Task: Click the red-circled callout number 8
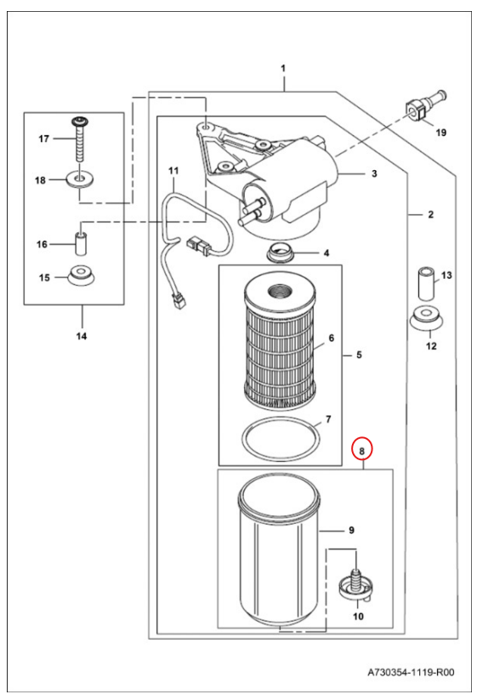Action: point(362,452)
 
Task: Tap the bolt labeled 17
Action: point(80,139)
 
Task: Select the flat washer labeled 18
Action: point(80,179)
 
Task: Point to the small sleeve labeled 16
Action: point(81,244)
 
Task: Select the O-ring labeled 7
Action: point(281,437)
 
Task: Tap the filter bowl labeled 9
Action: point(278,551)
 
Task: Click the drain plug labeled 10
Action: point(355,585)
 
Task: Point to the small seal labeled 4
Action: point(280,253)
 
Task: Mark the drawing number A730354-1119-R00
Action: point(411,672)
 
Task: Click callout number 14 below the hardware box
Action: point(82,336)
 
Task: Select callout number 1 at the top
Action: point(283,68)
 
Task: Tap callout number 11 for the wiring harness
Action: point(173,171)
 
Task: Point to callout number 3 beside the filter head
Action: point(374,174)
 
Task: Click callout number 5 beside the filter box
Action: point(359,356)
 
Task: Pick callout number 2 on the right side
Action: point(430,214)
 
